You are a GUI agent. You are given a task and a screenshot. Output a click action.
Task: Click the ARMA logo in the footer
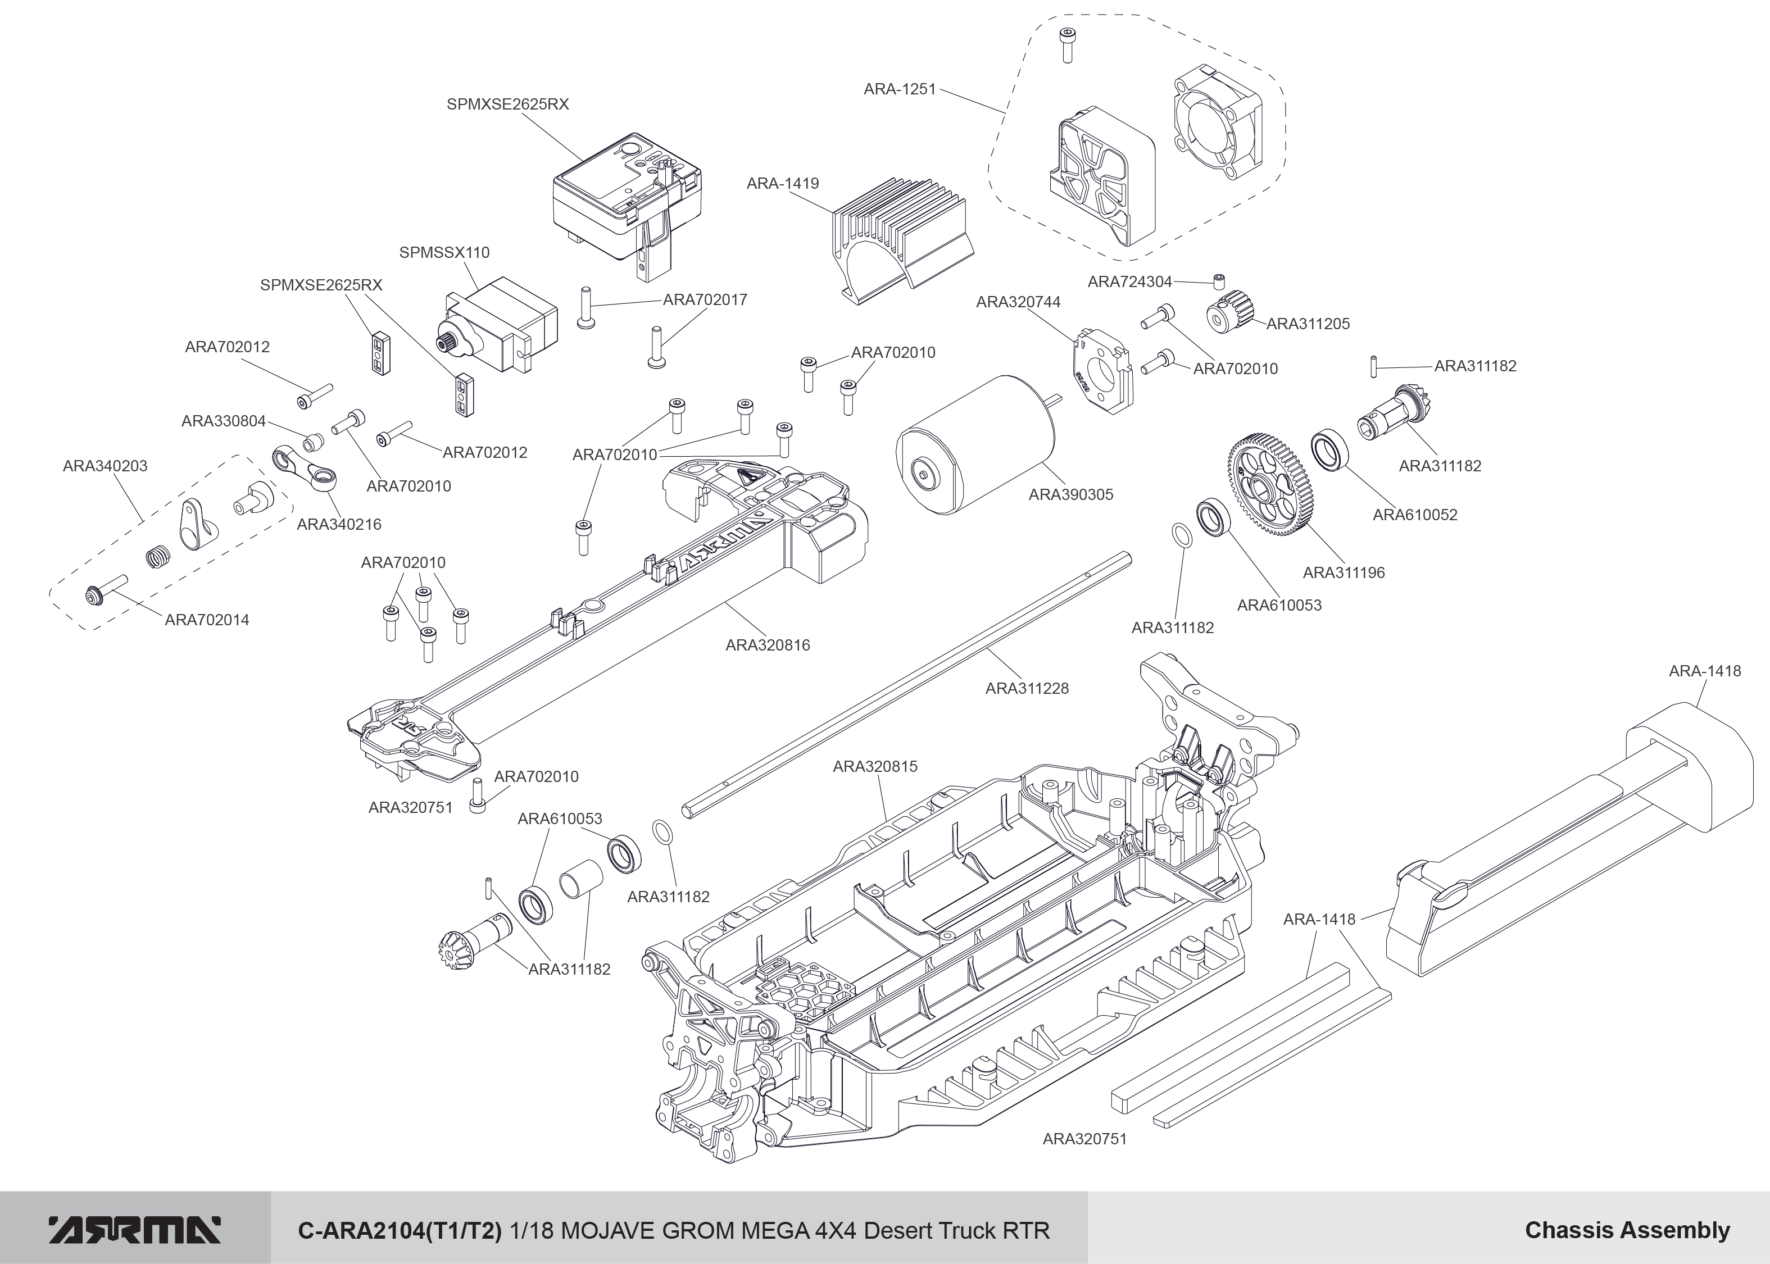pyautogui.click(x=134, y=1230)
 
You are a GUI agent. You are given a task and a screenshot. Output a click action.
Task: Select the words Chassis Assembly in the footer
pyautogui.click(x=1627, y=1230)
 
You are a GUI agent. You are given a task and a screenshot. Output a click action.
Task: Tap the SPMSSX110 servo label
pyautogui.click(x=444, y=252)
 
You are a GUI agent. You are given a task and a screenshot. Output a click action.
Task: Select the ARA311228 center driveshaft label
pyautogui.click(x=1027, y=688)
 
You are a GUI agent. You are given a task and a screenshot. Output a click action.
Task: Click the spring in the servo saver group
pyautogui.click(x=159, y=557)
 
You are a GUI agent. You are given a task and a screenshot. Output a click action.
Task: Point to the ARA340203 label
pyautogui.click(x=105, y=466)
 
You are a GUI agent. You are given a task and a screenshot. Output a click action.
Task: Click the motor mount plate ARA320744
pyautogui.click(x=1102, y=370)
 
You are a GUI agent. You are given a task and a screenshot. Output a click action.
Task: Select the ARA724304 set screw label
pyautogui.click(x=1129, y=282)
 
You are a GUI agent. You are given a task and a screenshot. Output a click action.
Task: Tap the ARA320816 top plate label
pyautogui.click(x=768, y=645)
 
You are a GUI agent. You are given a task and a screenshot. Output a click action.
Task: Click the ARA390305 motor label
pyautogui.click(x=1070, y=494)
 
